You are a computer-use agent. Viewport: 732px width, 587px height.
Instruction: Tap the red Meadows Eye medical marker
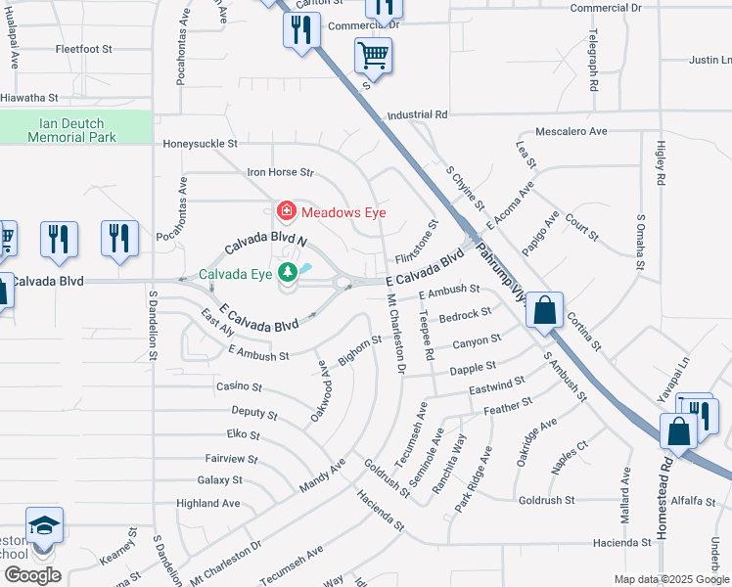(286, 211)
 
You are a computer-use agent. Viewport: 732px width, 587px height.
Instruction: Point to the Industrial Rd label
(417, 115)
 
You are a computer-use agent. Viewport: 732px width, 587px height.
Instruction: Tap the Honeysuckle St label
(200, 143)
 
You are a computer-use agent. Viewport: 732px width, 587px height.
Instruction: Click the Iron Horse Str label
(279, 173)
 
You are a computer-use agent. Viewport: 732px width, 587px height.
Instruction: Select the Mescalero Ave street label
(572, 131)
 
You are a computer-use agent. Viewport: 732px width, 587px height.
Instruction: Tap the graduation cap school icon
(44, 526)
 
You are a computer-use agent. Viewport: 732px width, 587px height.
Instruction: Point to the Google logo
(32, 574)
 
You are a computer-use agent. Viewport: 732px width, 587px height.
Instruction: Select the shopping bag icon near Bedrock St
(545, 311)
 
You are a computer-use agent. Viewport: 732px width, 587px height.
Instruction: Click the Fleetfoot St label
(84, 48)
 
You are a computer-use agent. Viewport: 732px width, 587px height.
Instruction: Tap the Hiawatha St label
(30, 98)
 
